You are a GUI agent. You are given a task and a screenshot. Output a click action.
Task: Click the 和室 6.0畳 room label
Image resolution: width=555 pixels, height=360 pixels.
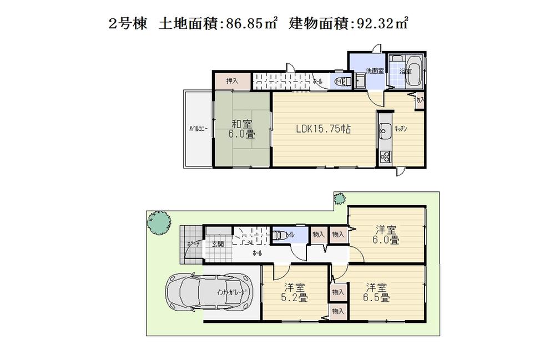coord(243,129)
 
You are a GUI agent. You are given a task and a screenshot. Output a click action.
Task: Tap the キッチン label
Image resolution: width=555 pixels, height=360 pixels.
coord(401,128)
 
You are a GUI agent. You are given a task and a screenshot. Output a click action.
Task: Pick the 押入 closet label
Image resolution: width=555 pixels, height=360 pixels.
coord(232,81)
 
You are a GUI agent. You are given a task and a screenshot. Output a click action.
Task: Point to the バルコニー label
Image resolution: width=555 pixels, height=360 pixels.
coord(198,129)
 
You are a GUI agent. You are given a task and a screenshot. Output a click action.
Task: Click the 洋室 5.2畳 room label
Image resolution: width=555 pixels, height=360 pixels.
coord(294,292)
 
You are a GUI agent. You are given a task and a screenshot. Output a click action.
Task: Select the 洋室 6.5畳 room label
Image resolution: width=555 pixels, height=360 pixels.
coord(377,292)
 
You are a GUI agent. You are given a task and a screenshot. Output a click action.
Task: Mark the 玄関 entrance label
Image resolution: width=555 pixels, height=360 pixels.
coord(217,244)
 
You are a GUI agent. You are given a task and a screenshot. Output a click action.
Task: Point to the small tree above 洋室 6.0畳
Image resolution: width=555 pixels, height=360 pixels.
coord(339,198)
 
